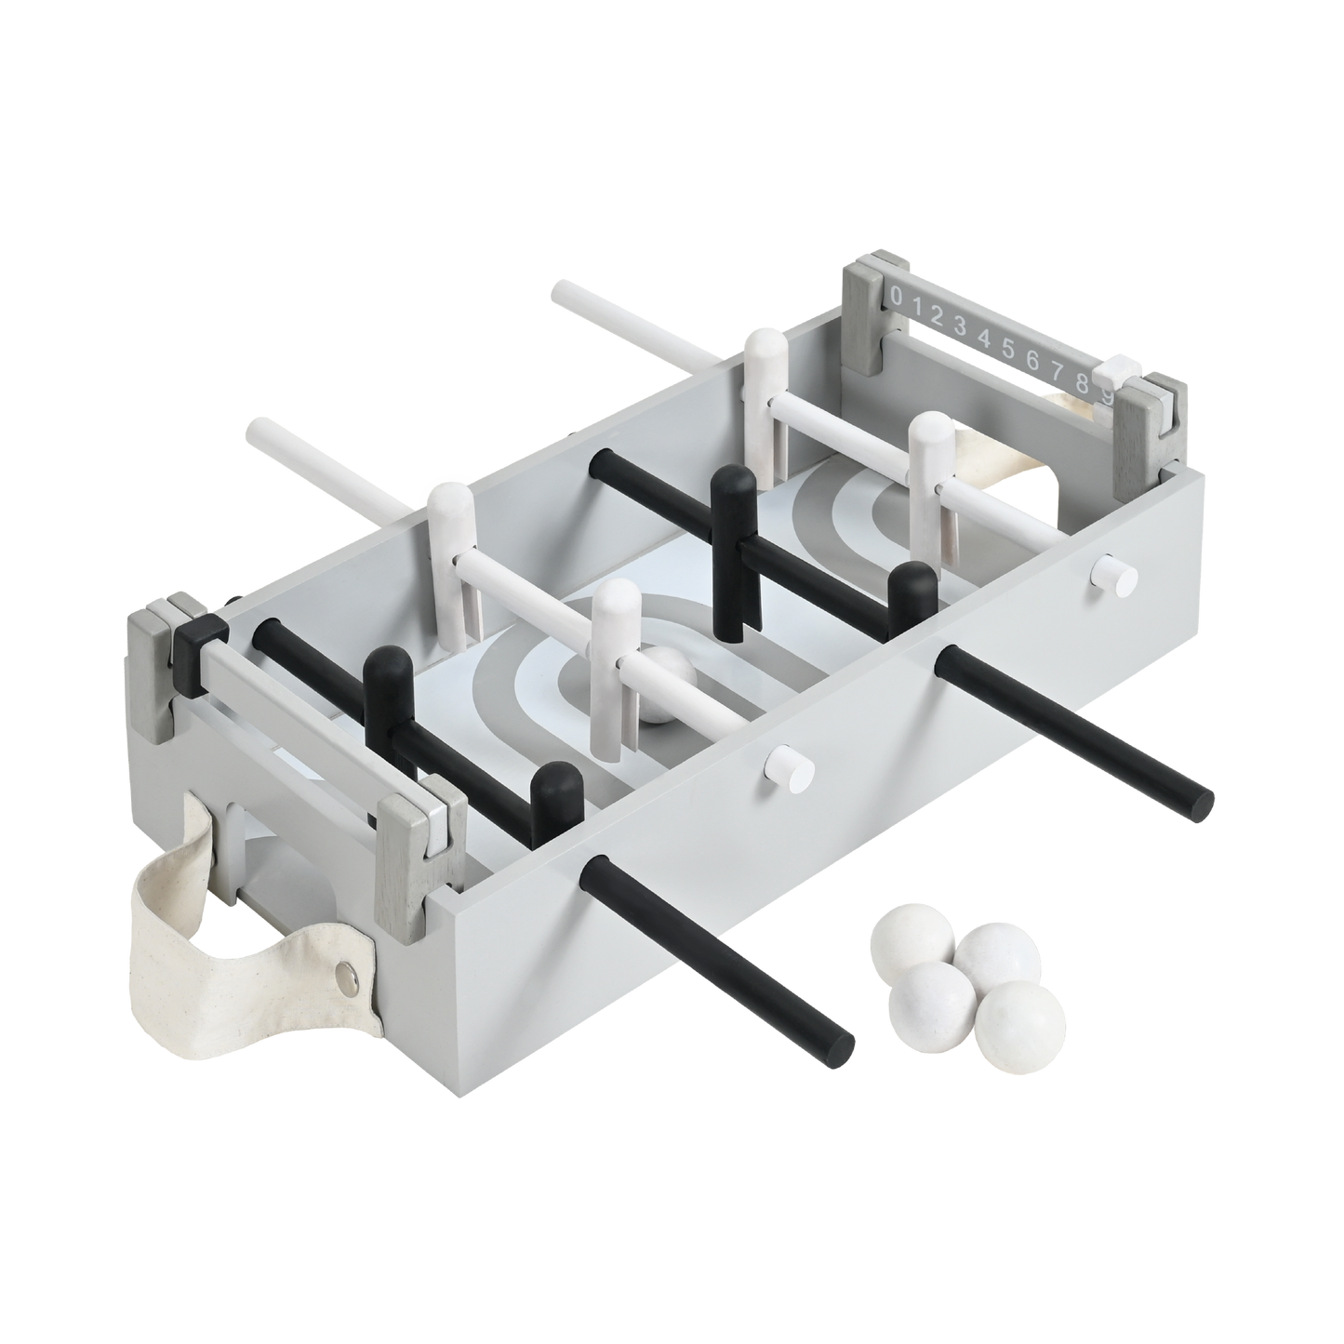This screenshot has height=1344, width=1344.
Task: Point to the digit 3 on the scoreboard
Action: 961,325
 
